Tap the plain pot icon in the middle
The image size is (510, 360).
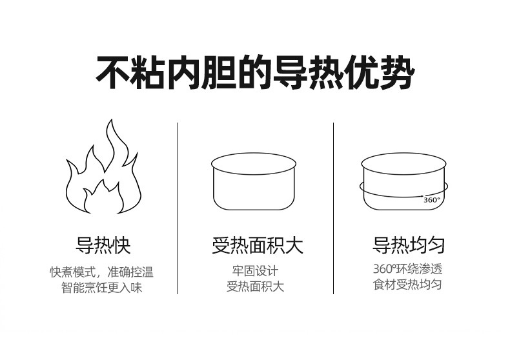254,182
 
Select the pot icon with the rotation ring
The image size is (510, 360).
403,182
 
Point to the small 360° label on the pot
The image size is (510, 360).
432,200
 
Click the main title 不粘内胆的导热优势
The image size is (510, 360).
256,73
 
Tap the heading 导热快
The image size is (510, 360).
103,245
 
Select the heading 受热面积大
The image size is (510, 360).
258,245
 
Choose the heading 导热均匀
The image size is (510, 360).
409,245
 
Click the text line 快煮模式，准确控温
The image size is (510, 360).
101,272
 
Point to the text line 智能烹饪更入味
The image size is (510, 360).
102,288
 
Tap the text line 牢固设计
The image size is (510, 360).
256,271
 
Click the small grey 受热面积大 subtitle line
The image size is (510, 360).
256,286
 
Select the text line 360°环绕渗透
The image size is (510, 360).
408,269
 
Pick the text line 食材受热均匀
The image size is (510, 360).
407,285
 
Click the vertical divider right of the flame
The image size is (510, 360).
178,208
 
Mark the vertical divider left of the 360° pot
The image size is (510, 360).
333,208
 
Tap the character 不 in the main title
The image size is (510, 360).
113,73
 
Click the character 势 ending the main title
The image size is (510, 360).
398,73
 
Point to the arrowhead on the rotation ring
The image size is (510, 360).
422,196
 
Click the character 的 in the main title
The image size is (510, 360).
255,73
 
